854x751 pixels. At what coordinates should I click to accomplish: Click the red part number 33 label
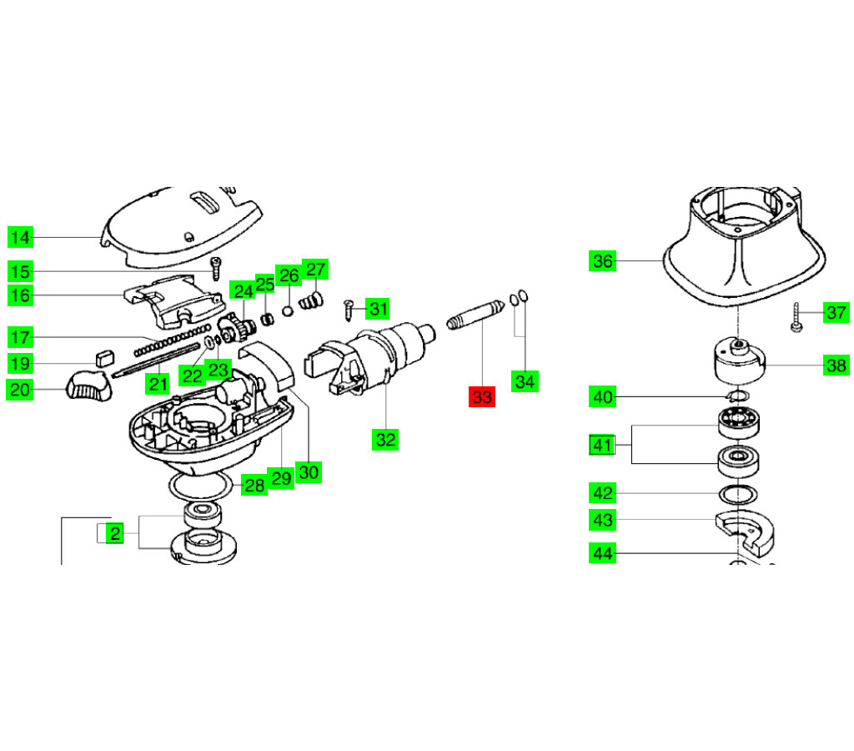[x=482, y=396]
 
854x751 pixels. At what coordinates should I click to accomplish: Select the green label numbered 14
[x=21, y=238]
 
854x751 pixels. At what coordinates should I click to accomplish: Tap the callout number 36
[x=603, y=261]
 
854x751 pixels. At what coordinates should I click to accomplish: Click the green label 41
[x=603, y=446]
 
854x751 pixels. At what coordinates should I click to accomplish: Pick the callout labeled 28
[x=254, y=485]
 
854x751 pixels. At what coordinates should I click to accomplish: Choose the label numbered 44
[x=603, y=552]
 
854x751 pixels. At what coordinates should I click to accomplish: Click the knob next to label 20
[x=87, y=386]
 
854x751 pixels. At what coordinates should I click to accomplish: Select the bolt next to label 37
[x=796, y=317]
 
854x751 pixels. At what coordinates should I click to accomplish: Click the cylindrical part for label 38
[x=738, y=360]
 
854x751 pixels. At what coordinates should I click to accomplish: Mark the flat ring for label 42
[x=737, y=493]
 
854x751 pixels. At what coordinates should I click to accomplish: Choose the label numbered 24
[x=243, y=291]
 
